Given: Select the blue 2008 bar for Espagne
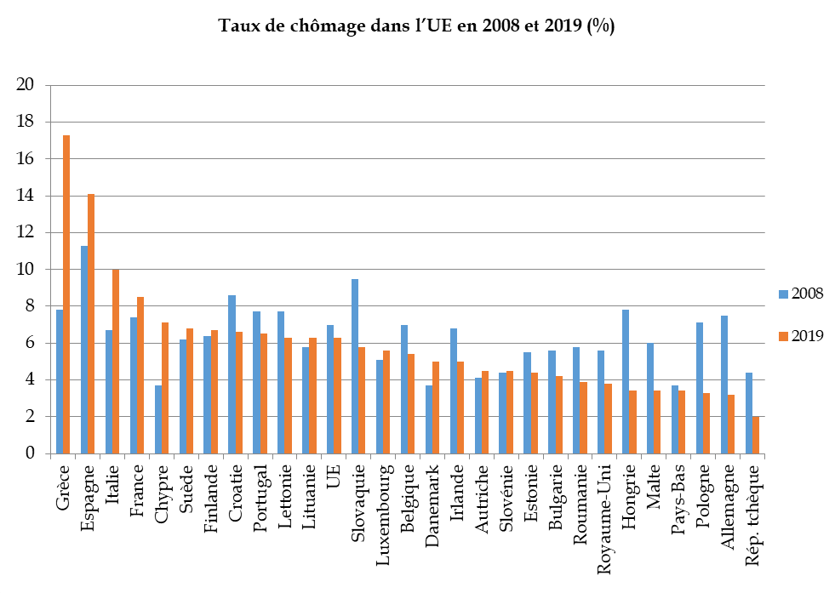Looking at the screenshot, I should click(84, 350).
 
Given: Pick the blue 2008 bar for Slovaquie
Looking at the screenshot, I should click(355, 366).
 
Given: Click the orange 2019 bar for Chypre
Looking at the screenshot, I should click(165, 388).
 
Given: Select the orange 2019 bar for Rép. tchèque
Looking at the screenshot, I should click(755, 435).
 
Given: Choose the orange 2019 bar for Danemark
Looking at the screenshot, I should click(436, 408).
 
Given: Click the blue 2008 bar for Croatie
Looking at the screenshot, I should click(232, 374).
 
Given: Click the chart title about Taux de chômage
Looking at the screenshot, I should click(417, 26).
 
